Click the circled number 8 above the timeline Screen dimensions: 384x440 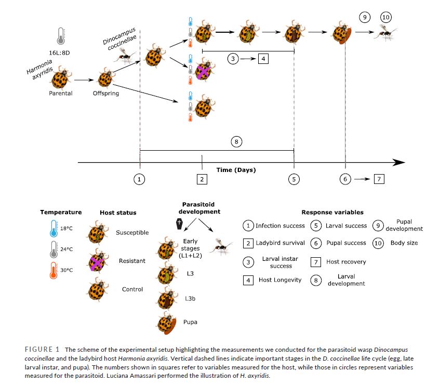pyautogui.click(x=236, y=141)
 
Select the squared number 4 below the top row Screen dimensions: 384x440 pyautogui.click(x=263, y=59)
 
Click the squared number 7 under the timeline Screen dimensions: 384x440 pyautogui.click(x=379, y=179)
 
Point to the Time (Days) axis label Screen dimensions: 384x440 pyautogui.click(x=236, y=170)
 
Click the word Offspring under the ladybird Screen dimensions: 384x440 pyautogui.click(x=105, y=94)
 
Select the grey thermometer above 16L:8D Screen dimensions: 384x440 pyautogui.click(x=61, y=35)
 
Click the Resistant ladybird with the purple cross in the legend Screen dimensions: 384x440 pyautogui.click(x=96, y=261)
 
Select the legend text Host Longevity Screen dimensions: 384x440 pyautogui.click(x=279, y=280)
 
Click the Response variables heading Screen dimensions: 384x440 pyautogui.click(x=333, y=213)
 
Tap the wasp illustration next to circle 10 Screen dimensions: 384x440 pyautogui.click(x=388, y=34)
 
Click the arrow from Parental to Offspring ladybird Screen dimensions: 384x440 pyautogui.click(x=83, y=81)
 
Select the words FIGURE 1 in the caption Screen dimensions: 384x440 pyautogui.click(x=43, y=349)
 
